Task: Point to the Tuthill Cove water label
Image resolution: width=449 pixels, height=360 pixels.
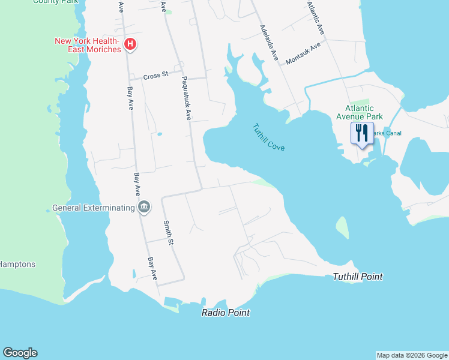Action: [x=268, y=137]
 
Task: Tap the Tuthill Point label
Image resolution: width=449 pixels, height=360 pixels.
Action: [x=358, y=277]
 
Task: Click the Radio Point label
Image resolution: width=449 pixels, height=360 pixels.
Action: [x=226, y=313]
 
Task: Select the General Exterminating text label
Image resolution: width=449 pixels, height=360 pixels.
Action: [x=94, y=208]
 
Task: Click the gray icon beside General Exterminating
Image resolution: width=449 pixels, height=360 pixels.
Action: [x=144, y=208]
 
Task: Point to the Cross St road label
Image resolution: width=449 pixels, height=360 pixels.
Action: [x=155, y=76]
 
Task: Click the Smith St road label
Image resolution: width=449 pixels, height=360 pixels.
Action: [x=169, y=233]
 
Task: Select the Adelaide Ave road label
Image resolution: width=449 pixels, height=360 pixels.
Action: [x=269, y=43]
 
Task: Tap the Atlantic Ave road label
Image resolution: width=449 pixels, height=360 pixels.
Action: [x=315, y=17]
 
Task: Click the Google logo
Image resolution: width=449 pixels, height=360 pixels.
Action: [x=20, y=353]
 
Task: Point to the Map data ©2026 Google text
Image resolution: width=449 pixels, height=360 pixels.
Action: [x=412, y=355]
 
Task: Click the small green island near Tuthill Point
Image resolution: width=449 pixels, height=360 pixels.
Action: [x=342, y=228]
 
